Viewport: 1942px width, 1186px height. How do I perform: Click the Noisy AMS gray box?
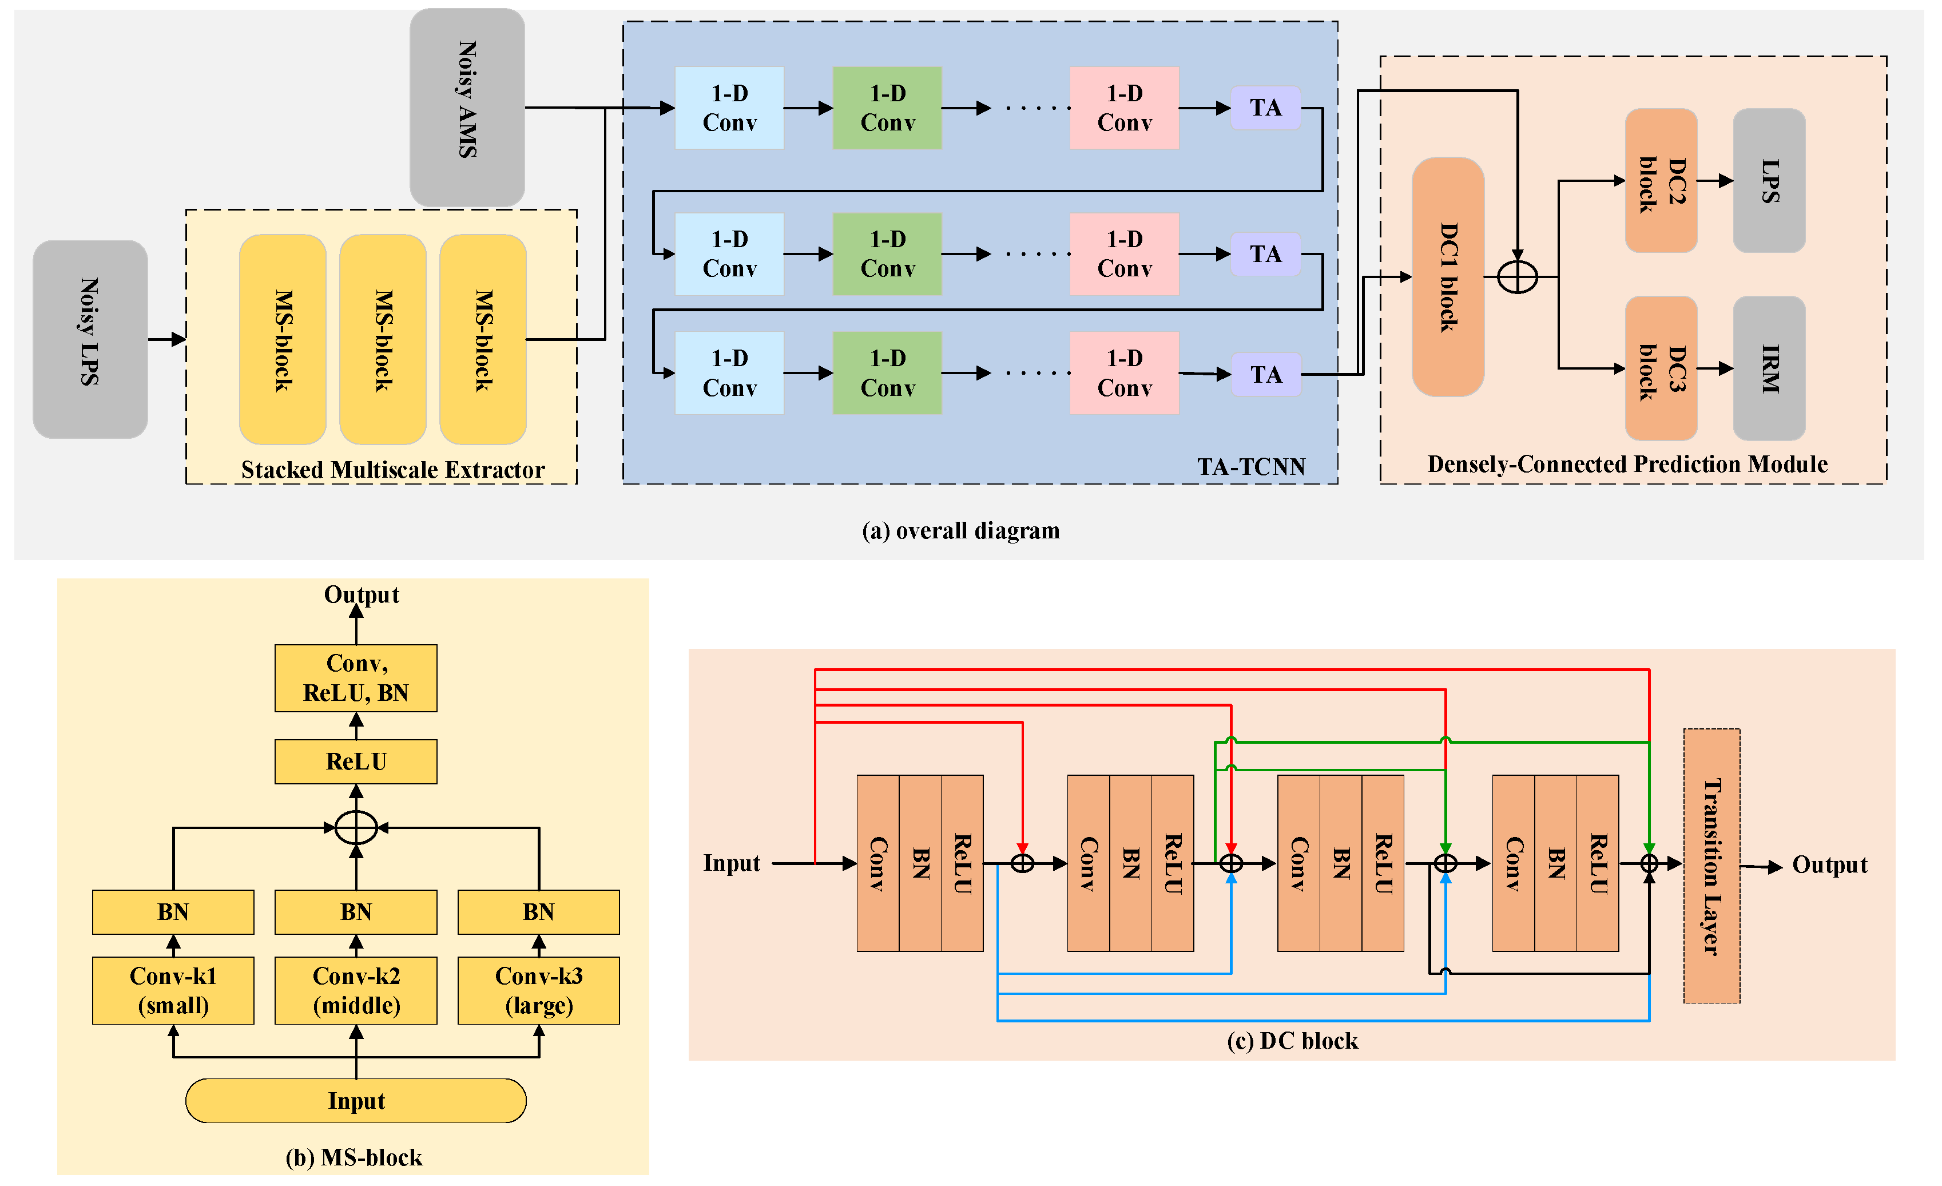[467, 107]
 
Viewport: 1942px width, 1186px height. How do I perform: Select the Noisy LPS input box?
[90, 339]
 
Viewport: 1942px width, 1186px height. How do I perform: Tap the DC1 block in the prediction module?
[1448, 276]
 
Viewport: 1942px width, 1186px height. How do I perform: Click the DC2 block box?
[1661, 180]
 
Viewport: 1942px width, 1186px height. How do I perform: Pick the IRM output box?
[1769, 368]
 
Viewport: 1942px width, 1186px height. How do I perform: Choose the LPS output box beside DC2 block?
[1769, 180]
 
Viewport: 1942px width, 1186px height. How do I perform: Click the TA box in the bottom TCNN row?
[1265, 374]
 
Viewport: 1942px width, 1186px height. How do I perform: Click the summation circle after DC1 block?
[1516, 276]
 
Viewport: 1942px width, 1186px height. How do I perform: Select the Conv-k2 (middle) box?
[356, 990]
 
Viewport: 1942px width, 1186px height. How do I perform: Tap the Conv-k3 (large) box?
[538, 990]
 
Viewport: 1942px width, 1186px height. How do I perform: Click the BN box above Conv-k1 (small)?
[173, 912]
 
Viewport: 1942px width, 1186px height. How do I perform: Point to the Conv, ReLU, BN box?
[356, 678]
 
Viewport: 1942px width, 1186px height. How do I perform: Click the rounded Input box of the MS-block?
[356, 1100]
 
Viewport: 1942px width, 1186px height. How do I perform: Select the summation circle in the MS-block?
[356, 827]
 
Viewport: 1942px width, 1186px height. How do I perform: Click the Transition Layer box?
[1711, 865]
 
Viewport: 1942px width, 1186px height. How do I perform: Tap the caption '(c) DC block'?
[1293, 1041]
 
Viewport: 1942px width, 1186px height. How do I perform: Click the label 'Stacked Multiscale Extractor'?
[392, 470]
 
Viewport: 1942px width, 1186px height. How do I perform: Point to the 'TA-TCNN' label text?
[1251, 466]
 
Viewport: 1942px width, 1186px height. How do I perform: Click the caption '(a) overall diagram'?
[961, 530]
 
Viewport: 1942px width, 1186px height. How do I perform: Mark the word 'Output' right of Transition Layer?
[1829, 864]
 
